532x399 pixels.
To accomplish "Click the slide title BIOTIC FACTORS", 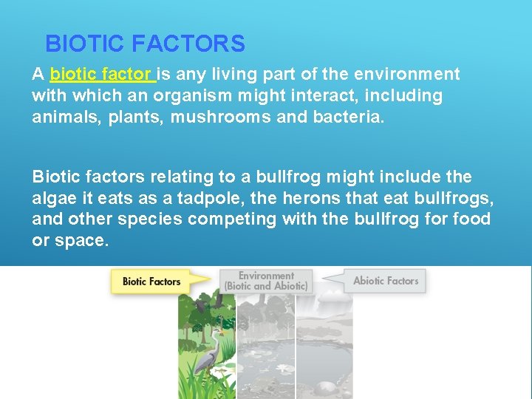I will (x=145, y=44).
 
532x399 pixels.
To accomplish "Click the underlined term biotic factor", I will (x=101, y=75).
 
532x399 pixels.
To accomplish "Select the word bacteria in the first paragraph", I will (x=350, y=117).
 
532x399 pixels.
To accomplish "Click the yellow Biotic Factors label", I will (x=151, y=282).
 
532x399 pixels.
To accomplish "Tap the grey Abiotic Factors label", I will (x=386, y=281).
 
